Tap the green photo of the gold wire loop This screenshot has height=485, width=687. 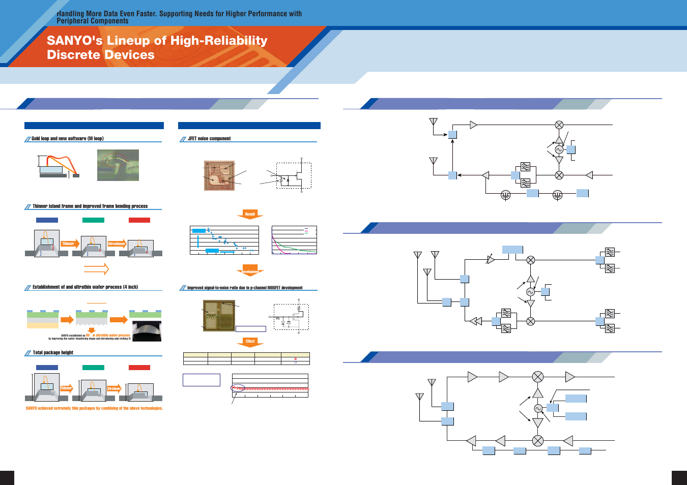pyautogui.click(x=118, y=165)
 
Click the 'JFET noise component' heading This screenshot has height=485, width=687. pyautogui.click(x=209, y=138)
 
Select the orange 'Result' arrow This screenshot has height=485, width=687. pyautogui.click(x=250, y=215)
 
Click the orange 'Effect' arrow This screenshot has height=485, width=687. pyautogui.click(x=250, y=342)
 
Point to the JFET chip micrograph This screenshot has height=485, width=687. pyautogui.click(x=219, y=175)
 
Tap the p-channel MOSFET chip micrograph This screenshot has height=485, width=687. pyautogui.click(x=219, y=316)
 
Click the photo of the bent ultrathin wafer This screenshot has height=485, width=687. pyautogui.click(x=147, y=331)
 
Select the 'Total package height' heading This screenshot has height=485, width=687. pyautogui.click(x=53, y=352)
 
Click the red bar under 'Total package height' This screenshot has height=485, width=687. pyautogui.click(x=139, y=368)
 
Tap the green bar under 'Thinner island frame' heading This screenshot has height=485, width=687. pyautogui.click(x=93, y=220)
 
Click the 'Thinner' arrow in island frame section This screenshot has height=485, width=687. pyautogui.click(x=69, y=244)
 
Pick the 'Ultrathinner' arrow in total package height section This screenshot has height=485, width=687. pyautogui.click(x=114, y=388)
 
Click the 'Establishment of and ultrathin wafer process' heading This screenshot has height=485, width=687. pyautogui.click(x=85, y=287)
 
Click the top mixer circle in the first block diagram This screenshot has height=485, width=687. pyautogui.click(x=559, y=125)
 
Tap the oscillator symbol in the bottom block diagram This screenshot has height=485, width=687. pyautogui.click(x=538, y=409)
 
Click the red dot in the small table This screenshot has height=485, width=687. pyautogui.click(x=296, y=359)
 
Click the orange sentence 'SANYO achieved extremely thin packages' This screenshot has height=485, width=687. pyautogui.click(x=94, y=408)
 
